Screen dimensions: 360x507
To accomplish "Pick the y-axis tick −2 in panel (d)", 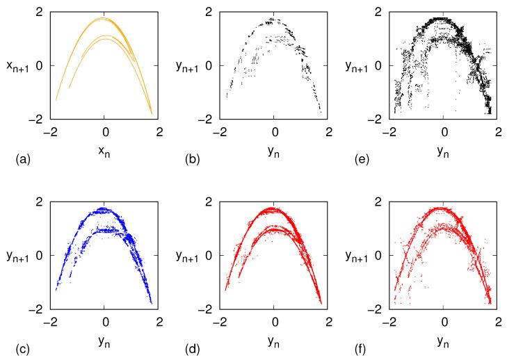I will pyautogui.click(x=207, y=309).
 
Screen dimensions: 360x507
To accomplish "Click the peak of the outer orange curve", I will pyautogui.click(x=104, y=18).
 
